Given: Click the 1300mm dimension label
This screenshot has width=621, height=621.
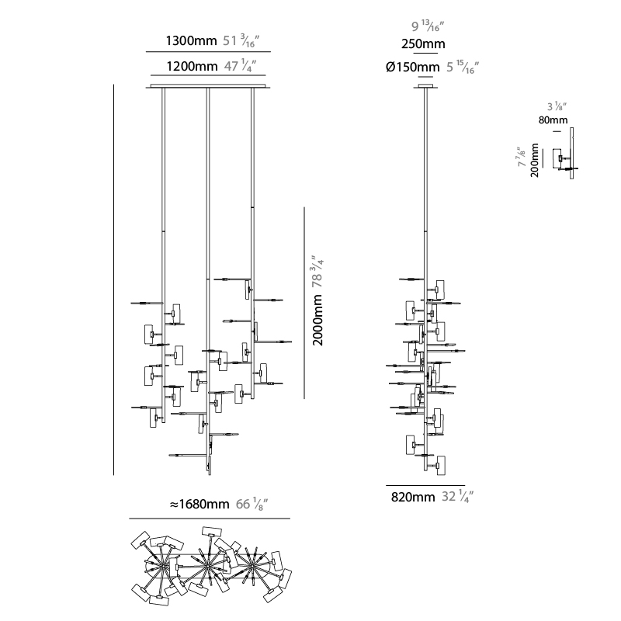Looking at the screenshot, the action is [191, 41].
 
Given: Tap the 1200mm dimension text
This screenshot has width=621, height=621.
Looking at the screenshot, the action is [192, 66].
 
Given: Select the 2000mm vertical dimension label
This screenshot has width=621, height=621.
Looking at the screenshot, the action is [318, 320].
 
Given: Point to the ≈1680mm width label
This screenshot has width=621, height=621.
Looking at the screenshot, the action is [199, 504].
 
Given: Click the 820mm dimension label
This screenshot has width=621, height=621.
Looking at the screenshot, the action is [413, 497].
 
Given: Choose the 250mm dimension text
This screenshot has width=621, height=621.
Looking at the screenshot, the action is [423, 44].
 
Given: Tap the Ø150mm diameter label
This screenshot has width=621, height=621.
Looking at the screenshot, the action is [413, 68].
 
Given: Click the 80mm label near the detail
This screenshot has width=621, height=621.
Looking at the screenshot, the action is [553, 120].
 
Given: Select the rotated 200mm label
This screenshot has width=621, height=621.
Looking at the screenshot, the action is [535, 160].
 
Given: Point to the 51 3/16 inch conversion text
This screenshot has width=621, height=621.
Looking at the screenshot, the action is [241, 40].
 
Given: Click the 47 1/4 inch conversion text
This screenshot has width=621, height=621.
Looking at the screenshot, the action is [240, 66].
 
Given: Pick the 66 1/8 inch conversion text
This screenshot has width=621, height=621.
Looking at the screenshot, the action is [252, 504].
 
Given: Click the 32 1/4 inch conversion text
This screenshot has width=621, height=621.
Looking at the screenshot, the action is [457, 496].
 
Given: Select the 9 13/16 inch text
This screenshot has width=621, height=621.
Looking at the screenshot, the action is [428, 26].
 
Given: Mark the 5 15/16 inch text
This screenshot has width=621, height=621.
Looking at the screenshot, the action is [463, 68].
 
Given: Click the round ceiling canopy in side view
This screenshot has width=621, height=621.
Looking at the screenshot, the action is [425, 86].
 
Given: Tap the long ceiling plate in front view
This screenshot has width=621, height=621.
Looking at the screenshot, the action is [208, 86].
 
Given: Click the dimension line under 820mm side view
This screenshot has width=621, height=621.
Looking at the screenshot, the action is [425, 485].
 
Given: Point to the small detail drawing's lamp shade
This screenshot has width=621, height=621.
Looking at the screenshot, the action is [557, 158].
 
